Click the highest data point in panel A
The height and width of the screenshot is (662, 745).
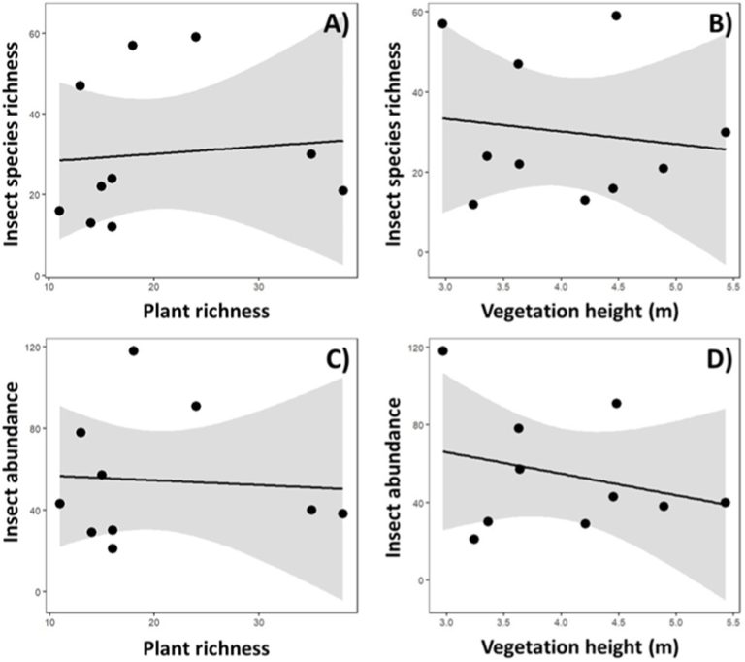tap(195, 37)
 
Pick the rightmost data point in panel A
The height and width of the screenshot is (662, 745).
tap(343, 190)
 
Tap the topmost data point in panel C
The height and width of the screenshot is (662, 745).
tap(134, 350)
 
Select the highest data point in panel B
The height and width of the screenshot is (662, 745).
tap(616, 16)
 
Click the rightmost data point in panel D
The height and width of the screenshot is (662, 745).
tap(725, 502)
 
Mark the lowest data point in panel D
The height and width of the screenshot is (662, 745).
tap(474, 539)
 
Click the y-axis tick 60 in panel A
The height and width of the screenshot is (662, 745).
tap(36, 35)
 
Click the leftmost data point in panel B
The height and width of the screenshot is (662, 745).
tap(442, 23)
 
